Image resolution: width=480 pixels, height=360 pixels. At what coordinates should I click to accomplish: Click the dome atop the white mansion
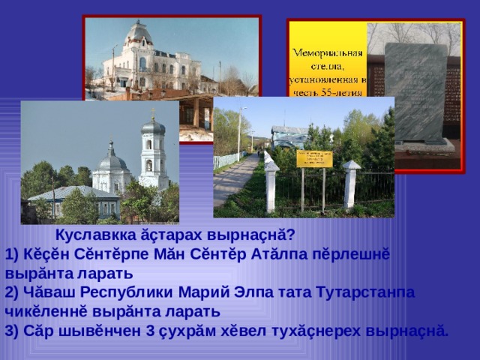coord(140,34)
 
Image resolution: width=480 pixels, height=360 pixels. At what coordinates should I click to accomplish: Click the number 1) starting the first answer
coord(11,252)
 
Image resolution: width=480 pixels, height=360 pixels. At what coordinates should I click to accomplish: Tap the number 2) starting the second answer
coord(11,292)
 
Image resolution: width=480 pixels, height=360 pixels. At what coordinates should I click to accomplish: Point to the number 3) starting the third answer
coord(11,330)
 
